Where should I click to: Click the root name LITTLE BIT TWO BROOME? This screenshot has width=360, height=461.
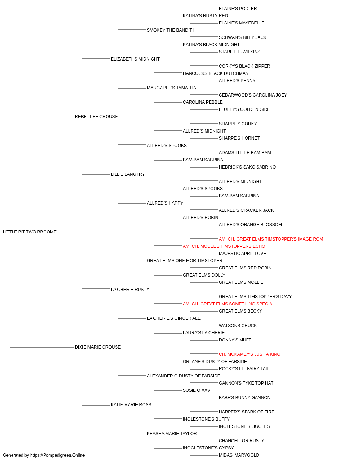tap(30, 232)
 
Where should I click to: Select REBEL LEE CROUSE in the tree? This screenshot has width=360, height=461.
tap(96, 117)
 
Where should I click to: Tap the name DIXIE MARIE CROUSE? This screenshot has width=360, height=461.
tap(98, 347)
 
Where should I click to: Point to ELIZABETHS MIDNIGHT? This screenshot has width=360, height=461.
tap(135, 59)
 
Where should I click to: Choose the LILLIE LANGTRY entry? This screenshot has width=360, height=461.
tap(128, 174)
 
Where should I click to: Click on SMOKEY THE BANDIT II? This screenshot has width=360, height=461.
tap(171, 30)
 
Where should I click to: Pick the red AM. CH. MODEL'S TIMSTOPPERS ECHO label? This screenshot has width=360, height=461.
tap(224, 246)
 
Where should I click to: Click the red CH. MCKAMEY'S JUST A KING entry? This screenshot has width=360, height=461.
tap(249, 354)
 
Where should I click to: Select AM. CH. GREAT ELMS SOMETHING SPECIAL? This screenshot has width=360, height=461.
tap(229, 304)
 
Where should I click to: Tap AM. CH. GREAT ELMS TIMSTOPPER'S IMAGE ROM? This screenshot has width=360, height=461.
tap(271, 239)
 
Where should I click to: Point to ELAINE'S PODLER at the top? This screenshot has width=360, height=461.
tap(238, 9)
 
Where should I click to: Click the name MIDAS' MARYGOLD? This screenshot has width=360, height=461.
tap(239, 455)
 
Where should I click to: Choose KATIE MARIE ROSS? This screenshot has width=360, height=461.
tap(131, 405)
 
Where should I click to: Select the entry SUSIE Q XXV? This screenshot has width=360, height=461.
tap(197, 390)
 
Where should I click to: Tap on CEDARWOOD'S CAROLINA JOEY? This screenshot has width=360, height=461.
tap(253, 95)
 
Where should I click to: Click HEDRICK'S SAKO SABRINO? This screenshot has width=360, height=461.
tap(247, 167)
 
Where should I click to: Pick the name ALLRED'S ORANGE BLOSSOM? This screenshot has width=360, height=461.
tap(251, 225)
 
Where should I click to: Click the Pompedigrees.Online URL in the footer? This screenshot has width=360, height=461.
tap(58, 455)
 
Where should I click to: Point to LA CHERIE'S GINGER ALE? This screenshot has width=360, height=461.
tap(174, 318)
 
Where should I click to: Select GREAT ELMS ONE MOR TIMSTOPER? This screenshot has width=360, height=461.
tap(185, 261)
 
